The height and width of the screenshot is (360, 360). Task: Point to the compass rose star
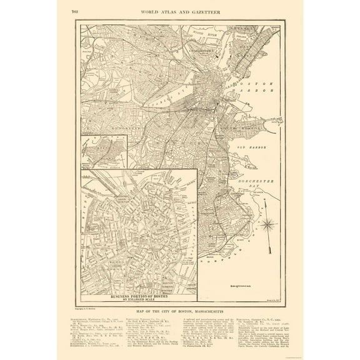tap(268, 222)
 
